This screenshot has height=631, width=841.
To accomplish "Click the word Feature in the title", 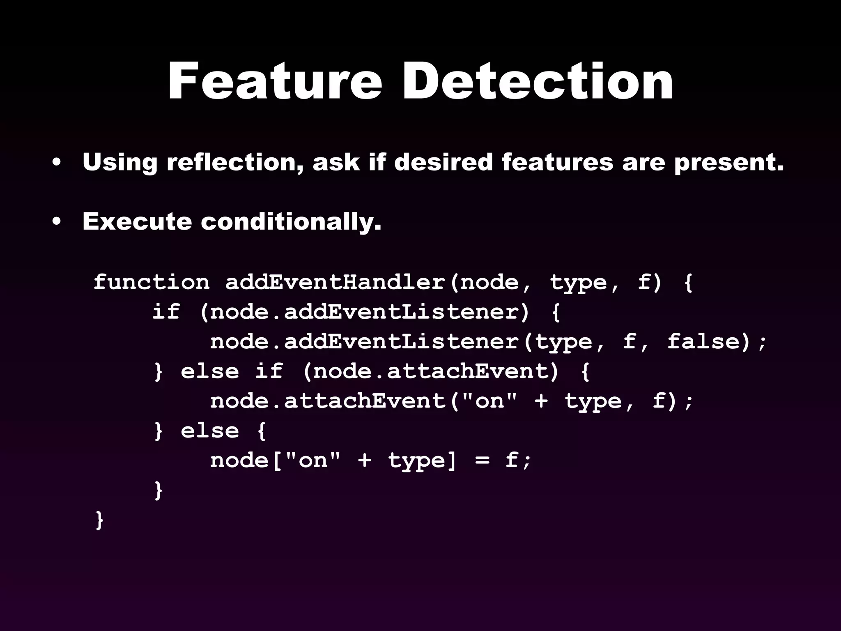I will coord(275,81).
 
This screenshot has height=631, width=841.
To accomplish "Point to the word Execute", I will coord(137,221).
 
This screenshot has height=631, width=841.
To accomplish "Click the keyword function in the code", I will coord(152,282).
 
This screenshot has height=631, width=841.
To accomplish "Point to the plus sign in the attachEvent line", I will coord(542,401).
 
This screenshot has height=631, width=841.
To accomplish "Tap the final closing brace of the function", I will coord(99,520).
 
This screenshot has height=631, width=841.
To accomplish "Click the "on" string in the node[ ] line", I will coord(313,460).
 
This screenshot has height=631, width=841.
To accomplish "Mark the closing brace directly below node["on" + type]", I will coord(158,491).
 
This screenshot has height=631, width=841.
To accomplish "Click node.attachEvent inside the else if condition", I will coord(431,371).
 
